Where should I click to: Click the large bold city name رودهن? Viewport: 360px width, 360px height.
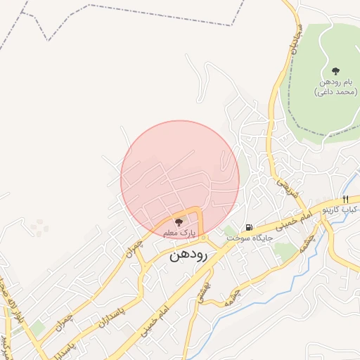[189, 257]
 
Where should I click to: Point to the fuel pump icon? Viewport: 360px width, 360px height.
[249, 227]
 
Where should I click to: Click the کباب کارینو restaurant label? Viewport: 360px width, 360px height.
[340, 210]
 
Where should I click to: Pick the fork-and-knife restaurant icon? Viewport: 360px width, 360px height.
[345, 199]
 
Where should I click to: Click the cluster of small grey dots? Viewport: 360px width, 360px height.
[39, 227]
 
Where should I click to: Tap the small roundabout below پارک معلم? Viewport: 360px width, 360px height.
[203, 238]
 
